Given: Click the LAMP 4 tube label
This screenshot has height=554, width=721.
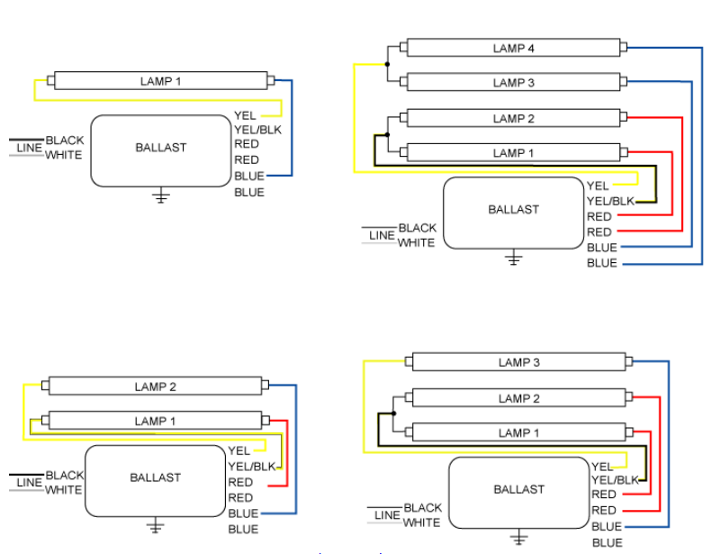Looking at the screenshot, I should [514, 48].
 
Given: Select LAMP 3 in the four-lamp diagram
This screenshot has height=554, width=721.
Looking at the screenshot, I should [514, 83].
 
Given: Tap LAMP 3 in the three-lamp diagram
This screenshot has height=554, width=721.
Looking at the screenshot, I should [519, 363].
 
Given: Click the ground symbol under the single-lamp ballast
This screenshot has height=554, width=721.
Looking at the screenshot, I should [161, 196].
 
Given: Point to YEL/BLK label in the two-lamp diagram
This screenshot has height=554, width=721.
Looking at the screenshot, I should [252, 467].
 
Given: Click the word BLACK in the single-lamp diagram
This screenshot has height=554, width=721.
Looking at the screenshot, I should [65, 141].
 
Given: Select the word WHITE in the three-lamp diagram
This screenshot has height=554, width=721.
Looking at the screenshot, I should [422, 522].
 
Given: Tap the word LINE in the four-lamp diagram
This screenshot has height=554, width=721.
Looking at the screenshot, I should [382, 235].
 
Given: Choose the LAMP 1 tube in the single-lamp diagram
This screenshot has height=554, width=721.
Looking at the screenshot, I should [160, 81].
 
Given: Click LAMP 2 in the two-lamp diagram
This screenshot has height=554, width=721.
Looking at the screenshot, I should [156, 387].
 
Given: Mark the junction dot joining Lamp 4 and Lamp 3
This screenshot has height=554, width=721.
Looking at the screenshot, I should [387, 65].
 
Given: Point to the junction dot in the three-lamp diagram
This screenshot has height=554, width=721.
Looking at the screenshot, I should [393, 413].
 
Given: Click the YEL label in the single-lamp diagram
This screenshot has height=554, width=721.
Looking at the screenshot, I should [245, 115].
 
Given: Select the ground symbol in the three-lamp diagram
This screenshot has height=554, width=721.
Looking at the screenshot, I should [519, 539].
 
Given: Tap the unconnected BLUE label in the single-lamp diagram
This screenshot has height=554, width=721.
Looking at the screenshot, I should [249, 193].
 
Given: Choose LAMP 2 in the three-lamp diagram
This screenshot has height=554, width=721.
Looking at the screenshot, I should [519, 398].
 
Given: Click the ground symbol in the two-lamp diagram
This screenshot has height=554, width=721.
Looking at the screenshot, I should [156, 526].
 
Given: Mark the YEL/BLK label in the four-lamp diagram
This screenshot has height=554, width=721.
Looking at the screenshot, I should [610, 201].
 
